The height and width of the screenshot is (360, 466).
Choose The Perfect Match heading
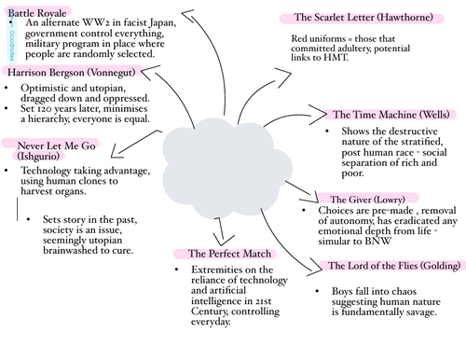pyautogui.click(x=221, y=253)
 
